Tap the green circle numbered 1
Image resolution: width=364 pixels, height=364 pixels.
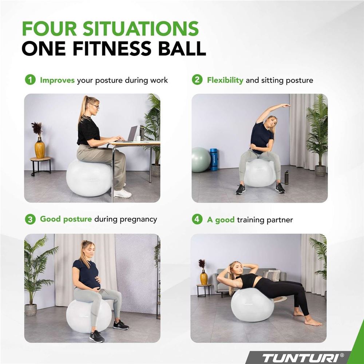(x=30, y=80)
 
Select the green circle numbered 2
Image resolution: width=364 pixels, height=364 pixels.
(x=197, y=80)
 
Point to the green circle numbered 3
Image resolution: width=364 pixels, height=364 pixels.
(x=30, y=219)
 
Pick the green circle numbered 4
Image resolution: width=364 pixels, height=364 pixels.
(x=197, y=219)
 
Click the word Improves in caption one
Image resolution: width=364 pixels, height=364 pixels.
(x=57, y=80)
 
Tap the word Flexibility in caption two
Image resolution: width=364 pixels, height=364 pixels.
(x=225, y=80)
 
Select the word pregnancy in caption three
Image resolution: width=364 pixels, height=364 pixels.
(x=138, y=220)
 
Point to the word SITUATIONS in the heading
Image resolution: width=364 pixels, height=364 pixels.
(x=141, y=28)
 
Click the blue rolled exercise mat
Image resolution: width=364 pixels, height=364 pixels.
(x=214, y=160)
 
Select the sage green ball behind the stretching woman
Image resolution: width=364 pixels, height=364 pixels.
(x=201, y=160)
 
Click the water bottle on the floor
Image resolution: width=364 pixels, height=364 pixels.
(x=286, y=177)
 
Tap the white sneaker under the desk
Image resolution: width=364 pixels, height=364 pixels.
(x=122, y=193)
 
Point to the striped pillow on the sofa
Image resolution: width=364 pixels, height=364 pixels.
(x=271, y=276)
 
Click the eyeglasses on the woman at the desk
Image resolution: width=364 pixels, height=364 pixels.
(x=95, y=107)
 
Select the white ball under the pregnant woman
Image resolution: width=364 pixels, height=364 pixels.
(x=89, y=316)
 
